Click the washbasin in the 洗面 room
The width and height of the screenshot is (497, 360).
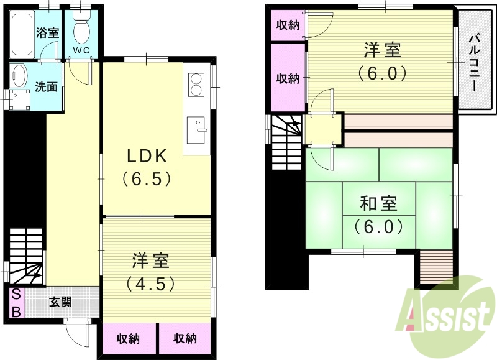(x=19, y=76)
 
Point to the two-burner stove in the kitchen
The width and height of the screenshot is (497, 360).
(x=197, y=85)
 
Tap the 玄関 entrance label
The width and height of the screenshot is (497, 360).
(x=60, y=303)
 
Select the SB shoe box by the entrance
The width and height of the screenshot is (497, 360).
(x=16, y=303)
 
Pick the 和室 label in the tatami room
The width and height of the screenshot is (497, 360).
(x=379, y=203)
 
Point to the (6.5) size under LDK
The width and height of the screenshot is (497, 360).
(x=147, y=179)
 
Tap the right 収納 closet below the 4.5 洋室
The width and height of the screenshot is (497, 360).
(x=185, y=339)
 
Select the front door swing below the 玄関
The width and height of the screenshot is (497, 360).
(x=78, y=336)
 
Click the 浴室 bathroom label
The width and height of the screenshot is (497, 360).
(x=47, y=32)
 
